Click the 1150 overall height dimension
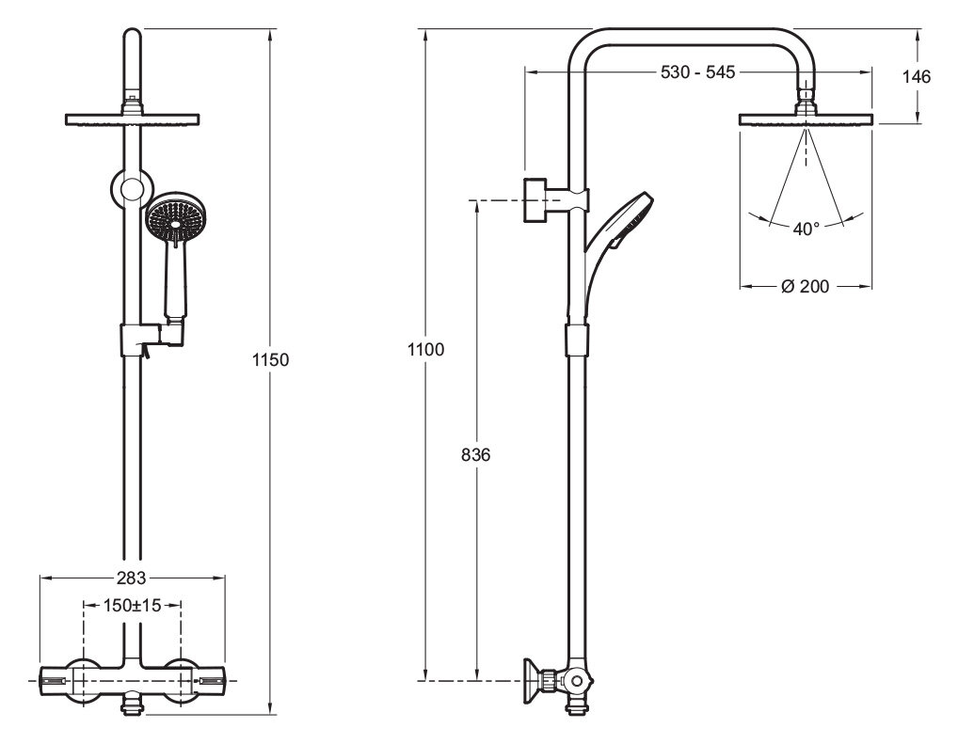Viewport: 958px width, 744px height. point(271,360)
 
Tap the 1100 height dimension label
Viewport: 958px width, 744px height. point(426,350)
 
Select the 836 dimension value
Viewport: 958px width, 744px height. point(476,455)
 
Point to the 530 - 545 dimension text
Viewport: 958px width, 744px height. point(697,72)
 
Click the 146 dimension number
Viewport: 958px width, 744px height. point(917,76)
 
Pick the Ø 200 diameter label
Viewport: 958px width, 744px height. point(806,286)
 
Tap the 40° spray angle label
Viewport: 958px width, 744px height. point(806,230)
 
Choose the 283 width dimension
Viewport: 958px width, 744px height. point(132,578)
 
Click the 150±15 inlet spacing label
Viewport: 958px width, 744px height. point(132,606)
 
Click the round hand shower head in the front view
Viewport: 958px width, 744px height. point(175,220)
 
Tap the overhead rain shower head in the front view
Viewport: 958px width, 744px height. point(132,119)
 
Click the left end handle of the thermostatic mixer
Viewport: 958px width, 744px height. point(56,680)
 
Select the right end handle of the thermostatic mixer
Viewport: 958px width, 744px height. point(209,680)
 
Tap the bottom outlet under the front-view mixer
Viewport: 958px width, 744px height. point(132,704)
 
